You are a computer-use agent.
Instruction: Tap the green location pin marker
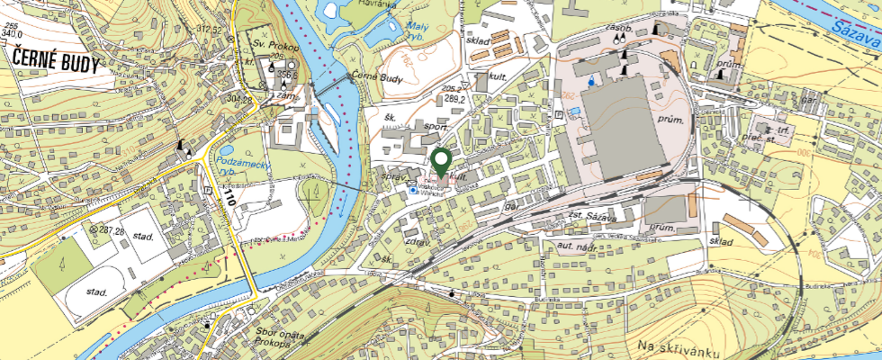coord(441,162)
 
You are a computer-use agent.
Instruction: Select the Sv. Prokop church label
coord(267,41)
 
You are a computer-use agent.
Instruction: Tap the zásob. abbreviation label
coord(621,27)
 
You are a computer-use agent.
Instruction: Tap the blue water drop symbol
coord(590,80)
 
